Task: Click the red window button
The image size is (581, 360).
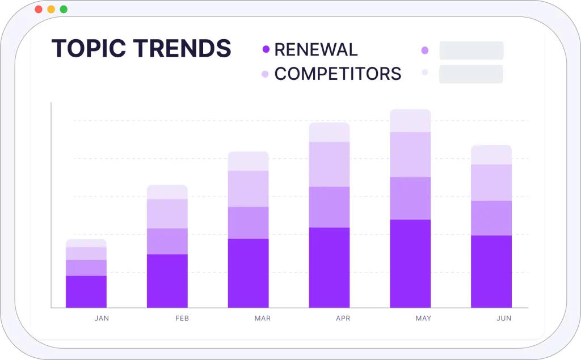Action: coord(38,9)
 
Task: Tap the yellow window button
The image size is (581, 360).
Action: coord(51,9)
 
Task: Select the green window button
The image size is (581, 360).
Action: coord(64,9)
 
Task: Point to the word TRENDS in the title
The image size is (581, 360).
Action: coord(182,49)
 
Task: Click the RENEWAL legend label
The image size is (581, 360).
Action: coord(316,50)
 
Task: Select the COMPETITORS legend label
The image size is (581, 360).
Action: coord(338,74)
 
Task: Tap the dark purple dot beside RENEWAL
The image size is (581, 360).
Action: coord(266,49)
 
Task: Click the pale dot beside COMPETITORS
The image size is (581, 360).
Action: coord(265,74)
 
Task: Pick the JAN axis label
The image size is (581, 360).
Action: coord(102,318)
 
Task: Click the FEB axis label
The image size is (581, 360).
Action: coord(182,318)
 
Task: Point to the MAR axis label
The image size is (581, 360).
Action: coord(263,318)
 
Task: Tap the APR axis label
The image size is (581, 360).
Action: coord(343,318)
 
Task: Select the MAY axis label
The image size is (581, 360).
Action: coord(423,318)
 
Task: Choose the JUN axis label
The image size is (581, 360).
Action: coord(504,318)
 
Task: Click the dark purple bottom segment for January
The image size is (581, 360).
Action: coord(86,291)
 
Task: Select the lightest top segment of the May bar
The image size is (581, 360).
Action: coord(411,121)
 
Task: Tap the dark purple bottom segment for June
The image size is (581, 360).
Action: coord(491,272)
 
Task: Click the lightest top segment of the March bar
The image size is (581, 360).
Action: coord(249,161)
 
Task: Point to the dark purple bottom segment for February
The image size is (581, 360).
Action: coord(167,281)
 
